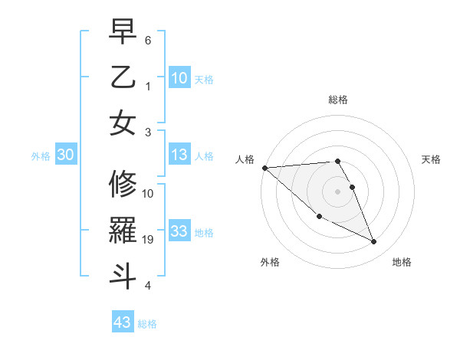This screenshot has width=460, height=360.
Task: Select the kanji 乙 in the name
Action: pos(123,79)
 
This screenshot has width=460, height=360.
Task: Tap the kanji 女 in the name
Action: pos(123,123)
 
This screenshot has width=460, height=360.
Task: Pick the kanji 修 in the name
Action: pos(123,185)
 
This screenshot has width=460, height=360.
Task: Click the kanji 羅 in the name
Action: pos(123,229)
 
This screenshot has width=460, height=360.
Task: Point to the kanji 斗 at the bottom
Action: pos(123,273)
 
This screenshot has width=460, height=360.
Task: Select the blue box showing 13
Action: pos(179,155)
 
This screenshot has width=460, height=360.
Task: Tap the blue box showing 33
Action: pos(179,231)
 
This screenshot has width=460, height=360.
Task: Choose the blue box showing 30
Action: pos(65,155)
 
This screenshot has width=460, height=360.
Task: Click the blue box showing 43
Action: pos(123,322)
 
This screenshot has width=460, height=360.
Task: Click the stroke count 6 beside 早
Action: pos(148,40)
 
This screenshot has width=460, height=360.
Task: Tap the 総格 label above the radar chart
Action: pos(337,100)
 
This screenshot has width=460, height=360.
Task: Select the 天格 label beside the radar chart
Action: pos(431,159)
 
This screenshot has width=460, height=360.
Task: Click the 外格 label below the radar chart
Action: pos(270,262)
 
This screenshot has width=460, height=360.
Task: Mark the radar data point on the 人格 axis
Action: pos(264,168)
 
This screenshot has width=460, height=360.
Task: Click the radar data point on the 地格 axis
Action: pos(374,242)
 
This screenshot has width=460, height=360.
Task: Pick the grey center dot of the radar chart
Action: pos(337,191)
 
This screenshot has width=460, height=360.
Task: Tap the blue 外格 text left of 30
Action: pos(41,156)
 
